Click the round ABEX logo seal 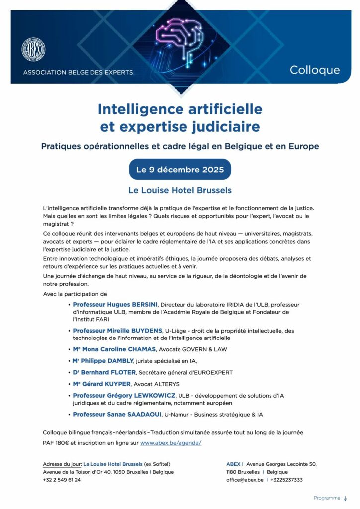(33, 50)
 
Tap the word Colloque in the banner (315, 70)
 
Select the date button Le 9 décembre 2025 (180, 170)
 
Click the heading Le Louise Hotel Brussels (180, 190)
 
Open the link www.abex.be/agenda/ (171, 442)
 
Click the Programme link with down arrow (330, 498)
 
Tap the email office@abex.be (245, 480)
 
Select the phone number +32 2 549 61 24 (62, 480)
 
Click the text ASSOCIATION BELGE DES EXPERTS (78, 72)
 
